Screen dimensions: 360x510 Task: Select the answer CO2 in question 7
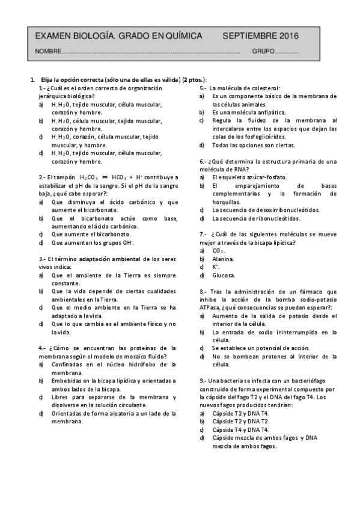(x=219, y=250)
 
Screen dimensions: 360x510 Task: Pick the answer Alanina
(x=224, y=259)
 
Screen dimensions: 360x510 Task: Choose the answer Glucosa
(x=224, y=275)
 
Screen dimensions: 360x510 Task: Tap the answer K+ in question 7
(x=216, y=266)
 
